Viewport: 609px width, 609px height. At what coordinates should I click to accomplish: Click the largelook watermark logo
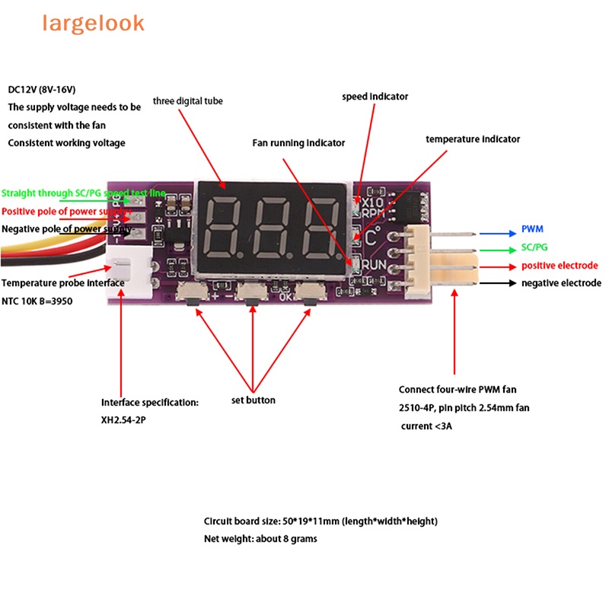[93, 24]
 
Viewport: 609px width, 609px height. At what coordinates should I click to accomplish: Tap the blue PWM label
[532, 229]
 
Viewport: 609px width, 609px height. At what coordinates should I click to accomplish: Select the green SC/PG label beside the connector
[534, 247]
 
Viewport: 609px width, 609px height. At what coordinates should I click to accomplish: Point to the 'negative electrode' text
[561, 283]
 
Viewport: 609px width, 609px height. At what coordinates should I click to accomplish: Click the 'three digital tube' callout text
[188, 100]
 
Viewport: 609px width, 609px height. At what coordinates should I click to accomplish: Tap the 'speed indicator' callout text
[375, 97]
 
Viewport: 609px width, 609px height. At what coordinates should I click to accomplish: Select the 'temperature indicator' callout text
[473, 139]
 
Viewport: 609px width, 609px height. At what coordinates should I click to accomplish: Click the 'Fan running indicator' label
[298, 143]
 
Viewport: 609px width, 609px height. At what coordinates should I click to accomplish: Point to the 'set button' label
[253, 400]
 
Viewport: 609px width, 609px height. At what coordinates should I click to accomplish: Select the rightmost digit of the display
[318, 228]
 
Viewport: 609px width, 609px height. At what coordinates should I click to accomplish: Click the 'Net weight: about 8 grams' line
[260, 539]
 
